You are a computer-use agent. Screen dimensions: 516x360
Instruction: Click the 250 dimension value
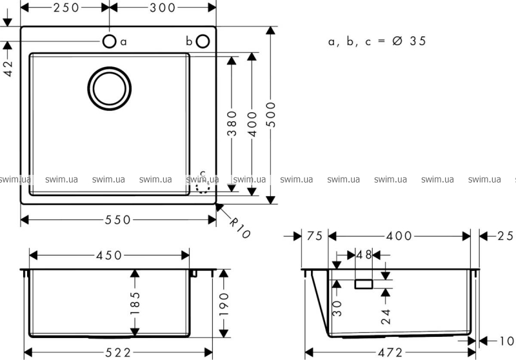pyautogui.click(x=66, y=8)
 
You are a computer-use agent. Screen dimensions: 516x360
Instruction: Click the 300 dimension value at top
pyautogui.click(x=163, y=8)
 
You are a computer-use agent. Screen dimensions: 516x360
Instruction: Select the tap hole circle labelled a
pyautogui.click(x=109, y=41)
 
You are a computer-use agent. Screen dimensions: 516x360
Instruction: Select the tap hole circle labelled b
pyautogui.click(x=203, y=41)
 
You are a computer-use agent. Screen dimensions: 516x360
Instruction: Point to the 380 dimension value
pyautogui.click(x=232, y=123)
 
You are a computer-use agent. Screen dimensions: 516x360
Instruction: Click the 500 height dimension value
pyautogui.click(x=271, y=114)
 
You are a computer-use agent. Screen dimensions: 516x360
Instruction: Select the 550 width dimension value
pyautogui.click(x=118, y=220)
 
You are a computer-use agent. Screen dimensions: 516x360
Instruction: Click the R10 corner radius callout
pyautogui.click(x=239, y=228)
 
